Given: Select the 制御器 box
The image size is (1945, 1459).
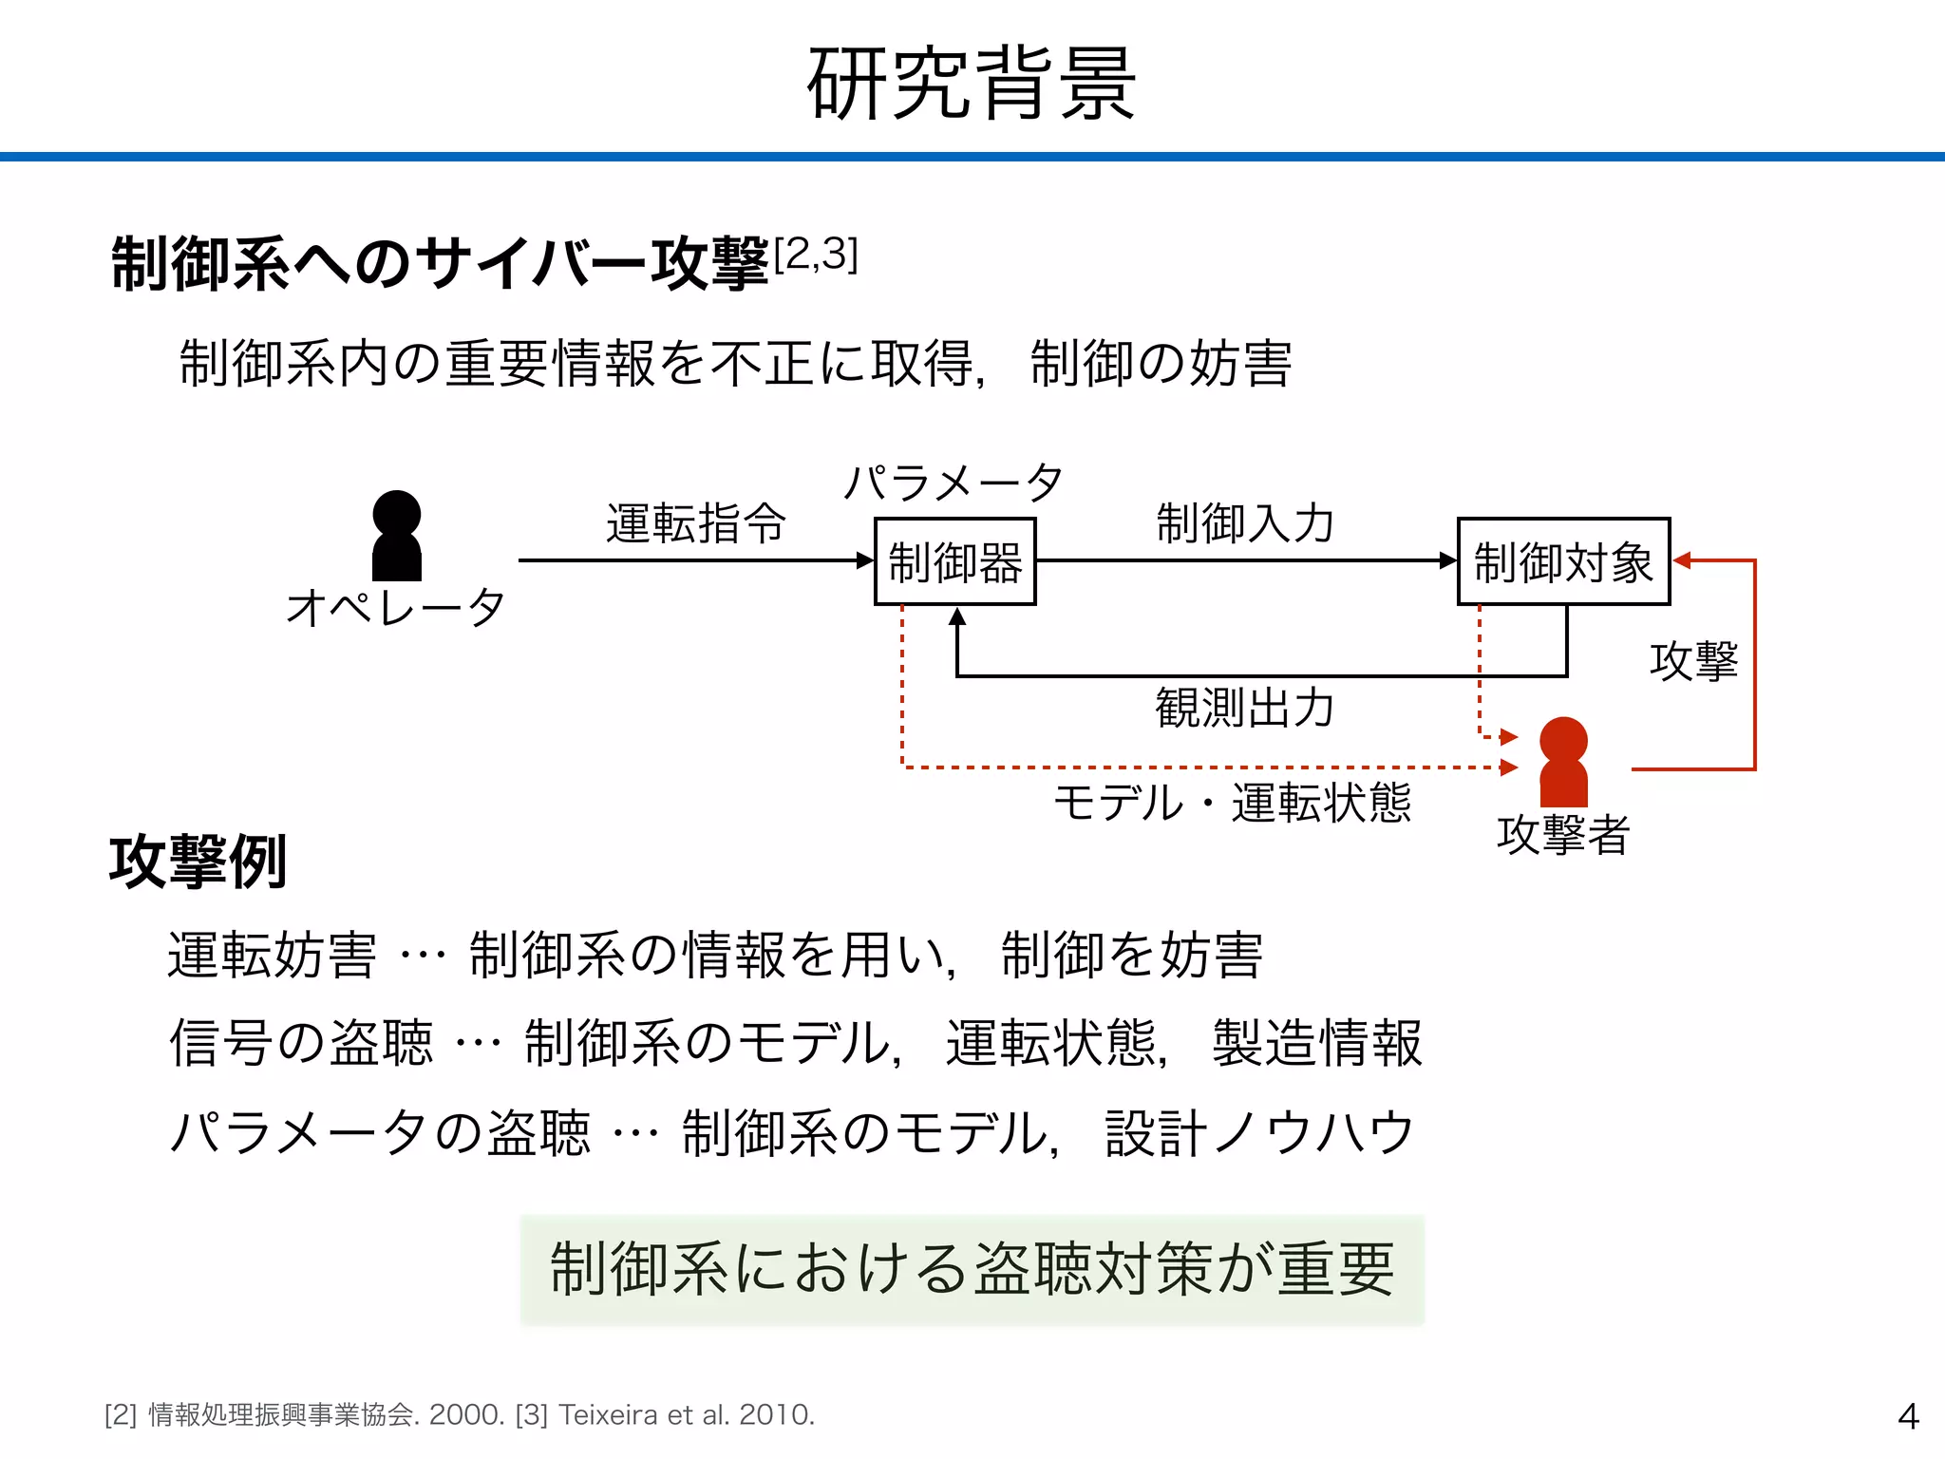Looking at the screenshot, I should pyautogui.click(x=954, y=561).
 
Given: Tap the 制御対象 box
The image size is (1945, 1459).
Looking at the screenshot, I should pyautogui.click(x=1563, y=561).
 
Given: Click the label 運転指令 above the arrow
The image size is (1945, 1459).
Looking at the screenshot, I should pyautogui.click(x=696, y=523).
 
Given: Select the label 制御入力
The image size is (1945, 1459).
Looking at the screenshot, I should pyautogui.click(x=1245, y=523).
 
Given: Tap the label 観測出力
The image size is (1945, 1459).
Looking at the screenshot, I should pyautogui.click(x=1245, y=708).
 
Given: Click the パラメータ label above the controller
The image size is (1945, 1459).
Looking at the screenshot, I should pyautogui.click(x=954, y=483).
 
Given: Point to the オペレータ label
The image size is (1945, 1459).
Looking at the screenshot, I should pyautogui.click(x=395, y=607).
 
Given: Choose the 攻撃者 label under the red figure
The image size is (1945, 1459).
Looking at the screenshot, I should pyautogui.click(x=1563, y=835).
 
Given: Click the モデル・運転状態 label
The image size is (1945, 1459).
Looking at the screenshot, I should pyautogui.click(x=1232, y=803).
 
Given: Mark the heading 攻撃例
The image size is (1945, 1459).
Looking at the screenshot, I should pyautogui.click(x=198, y=862).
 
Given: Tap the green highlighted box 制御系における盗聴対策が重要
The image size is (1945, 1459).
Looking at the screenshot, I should pyautogui.click(x=972, y=1269).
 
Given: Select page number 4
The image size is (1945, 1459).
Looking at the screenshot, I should pyautogui.click(x=1908, y=1416).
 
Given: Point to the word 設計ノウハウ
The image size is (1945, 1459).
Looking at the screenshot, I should pyautogui.click(x=1259, y=1132).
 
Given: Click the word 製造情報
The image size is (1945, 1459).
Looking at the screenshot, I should pyautogui.click(x=1316, y=1043).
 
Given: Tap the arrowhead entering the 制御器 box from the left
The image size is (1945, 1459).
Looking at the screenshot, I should pyautogui.click(x=864, y=560).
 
